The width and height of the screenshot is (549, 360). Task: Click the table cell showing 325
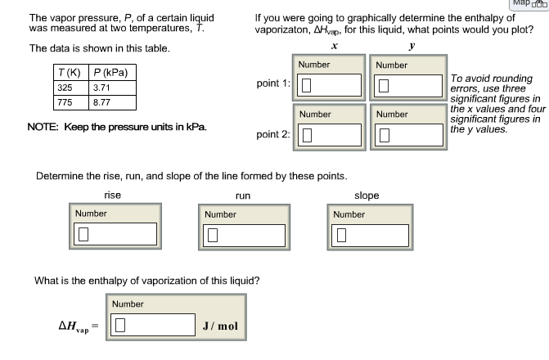[71, 88]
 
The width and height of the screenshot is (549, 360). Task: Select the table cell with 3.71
[112, 88]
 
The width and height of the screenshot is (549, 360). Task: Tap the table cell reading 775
[71, 102]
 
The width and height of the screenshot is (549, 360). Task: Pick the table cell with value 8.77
[112, 102]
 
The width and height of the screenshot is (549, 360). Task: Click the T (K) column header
[71, 73]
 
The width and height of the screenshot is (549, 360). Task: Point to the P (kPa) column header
[112, 73]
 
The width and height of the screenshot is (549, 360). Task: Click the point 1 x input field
[329, 85]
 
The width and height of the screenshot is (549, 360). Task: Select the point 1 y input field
[408, 86]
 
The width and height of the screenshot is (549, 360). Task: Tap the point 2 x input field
[330, 135]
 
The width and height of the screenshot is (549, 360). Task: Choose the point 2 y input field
[409, 135]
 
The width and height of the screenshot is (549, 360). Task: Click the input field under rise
[115, 234]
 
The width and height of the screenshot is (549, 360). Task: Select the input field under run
[244, 236]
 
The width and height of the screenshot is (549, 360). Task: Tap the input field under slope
[370, 236]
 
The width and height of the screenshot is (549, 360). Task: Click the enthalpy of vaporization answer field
[153, 325]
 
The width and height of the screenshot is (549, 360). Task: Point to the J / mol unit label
[220, 326]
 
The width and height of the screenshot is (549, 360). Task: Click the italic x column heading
[335, 46]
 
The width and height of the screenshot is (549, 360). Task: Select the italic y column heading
[412, 46]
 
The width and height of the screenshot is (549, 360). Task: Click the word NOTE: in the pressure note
[43, 127]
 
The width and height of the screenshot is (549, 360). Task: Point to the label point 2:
[273, 134]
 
